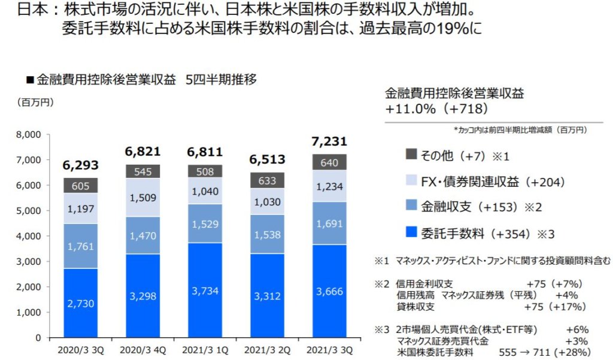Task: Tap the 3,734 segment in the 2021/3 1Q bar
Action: (205, 290)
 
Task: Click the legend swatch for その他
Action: (411, 155)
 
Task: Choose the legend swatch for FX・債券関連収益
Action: (411, 181)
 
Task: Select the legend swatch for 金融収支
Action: (411, 207)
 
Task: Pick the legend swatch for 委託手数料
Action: (411, 232)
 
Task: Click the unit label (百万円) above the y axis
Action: (35, 102)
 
